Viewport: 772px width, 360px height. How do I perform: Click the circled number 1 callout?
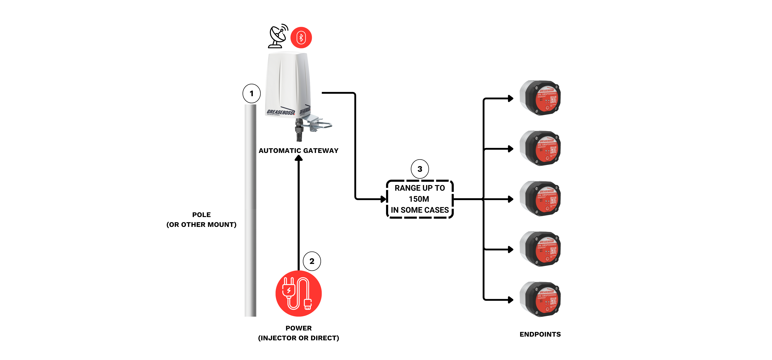[x=251, y=94]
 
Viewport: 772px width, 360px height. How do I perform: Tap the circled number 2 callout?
[x=312, y=261]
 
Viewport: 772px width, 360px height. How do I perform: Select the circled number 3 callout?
[x=420, y=169]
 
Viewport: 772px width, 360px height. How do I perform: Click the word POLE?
[x=201, y=215]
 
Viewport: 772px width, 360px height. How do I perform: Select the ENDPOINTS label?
[x=540, y=334]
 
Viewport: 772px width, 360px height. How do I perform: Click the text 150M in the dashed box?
[x=419, y=199]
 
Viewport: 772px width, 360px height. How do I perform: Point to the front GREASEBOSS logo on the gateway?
[x=280, y=112]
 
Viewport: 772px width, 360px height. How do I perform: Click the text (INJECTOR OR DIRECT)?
[x=298, y=338]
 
